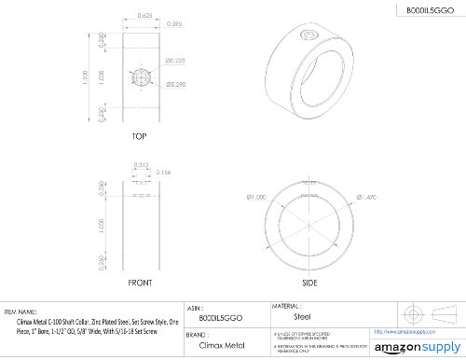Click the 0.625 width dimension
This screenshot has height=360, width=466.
142,16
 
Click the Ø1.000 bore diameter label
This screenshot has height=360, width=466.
257,198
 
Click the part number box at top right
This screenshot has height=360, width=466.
425,10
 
